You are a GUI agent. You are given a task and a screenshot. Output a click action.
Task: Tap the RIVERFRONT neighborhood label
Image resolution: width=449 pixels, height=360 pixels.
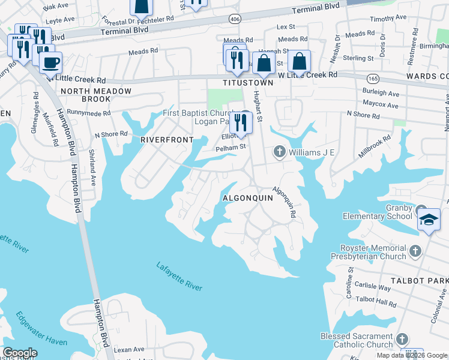(x=167, y=139)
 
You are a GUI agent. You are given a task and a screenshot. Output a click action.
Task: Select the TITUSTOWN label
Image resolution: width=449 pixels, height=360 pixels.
(x=244, y=82)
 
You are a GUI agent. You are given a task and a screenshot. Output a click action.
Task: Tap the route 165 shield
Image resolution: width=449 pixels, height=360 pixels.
(x=373, y=78)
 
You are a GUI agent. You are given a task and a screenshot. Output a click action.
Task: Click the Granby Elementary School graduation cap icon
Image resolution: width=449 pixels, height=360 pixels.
(x=429, y=219)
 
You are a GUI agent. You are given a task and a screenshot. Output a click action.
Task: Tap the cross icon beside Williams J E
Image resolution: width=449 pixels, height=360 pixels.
(x=279, y=152)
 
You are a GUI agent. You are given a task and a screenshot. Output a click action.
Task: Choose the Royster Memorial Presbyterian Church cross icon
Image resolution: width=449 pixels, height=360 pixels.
(x=415, y=249)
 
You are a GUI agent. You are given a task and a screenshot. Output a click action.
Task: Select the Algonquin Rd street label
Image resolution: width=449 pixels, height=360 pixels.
(x=285, y=204)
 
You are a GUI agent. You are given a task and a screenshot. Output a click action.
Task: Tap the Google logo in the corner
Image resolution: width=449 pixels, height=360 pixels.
(x=20, y=353)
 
